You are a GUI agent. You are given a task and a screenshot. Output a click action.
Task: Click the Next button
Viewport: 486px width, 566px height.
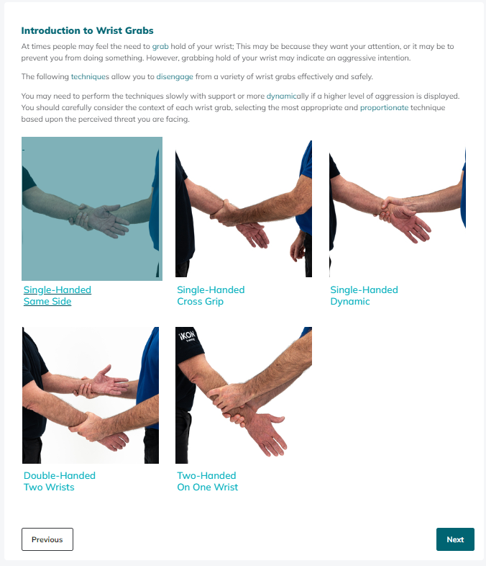coord(455,539)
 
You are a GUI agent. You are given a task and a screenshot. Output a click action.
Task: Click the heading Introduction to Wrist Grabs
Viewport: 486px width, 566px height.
coord(87,31)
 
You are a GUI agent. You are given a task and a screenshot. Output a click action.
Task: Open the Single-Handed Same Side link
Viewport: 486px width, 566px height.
coord(58,295)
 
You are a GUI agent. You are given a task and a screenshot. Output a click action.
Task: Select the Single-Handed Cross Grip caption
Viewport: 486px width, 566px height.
coord(211,295)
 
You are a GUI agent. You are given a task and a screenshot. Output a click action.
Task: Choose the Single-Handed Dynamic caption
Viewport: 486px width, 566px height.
coord(364,295)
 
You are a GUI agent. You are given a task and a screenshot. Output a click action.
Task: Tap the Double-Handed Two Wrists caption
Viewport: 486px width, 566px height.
coord(60,481)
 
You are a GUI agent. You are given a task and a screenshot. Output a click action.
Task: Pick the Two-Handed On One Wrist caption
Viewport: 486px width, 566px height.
coord(208,481)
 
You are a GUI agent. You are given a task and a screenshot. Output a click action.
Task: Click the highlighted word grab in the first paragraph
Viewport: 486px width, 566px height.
coord(160,47)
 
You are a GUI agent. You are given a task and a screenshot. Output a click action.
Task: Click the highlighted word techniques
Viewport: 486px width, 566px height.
coord(90,76)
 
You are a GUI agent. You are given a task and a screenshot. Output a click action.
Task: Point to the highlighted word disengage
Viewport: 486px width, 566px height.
coord(175,77)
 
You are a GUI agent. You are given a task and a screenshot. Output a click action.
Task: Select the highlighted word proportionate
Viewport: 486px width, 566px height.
coord(385,107)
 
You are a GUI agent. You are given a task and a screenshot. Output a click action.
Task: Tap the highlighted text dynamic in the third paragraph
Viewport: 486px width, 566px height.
coord(282,96)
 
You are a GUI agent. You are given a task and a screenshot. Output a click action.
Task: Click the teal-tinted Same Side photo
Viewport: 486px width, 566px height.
coord(92,209)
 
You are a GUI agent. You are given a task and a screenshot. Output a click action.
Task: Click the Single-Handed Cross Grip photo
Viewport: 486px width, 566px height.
coord(244,209)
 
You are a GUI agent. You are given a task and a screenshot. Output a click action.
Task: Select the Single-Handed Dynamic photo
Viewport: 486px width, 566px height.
coord(398,209)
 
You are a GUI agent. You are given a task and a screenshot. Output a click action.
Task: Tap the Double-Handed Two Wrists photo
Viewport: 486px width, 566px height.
coord(91,395)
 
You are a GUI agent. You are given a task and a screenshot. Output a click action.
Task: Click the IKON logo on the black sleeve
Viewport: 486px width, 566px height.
coord(188,337)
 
